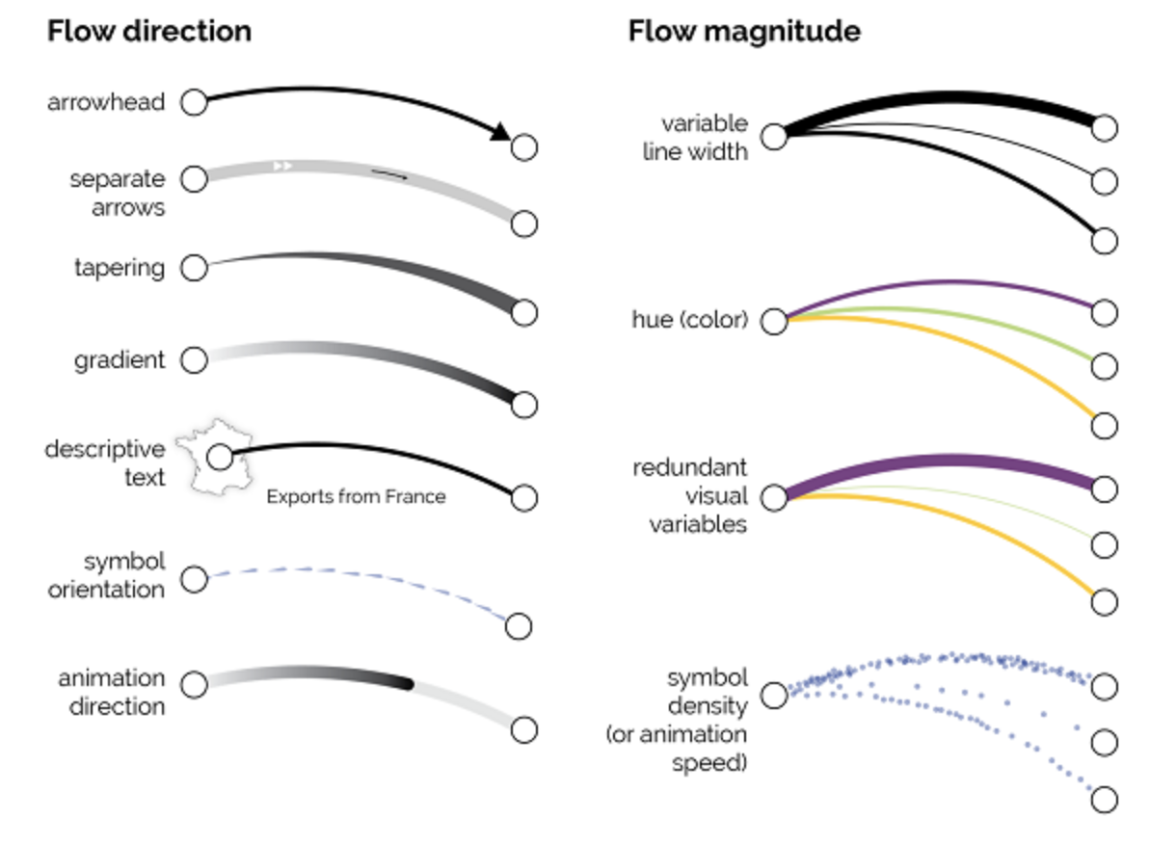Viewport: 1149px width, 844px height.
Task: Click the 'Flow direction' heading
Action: pyautogui.click(x=149, y=31)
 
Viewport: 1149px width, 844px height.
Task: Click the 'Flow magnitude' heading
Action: pyautogui.click(x=744, y=31)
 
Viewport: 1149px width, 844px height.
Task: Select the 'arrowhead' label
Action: pyautogui.click(x=106, y=101)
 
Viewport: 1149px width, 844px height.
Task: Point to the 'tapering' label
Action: pyautogui.click(x=120, y=267)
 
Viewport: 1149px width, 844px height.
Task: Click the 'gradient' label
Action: pyautogui.click(x=120, y=360)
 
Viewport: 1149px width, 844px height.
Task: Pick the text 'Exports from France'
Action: pyautogui.click(x=356, y=497)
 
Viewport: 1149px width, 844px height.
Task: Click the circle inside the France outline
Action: pyautogui.click(x=220, y=456)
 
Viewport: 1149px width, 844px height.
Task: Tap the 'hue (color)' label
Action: pyautogui.click(x=689, y=320)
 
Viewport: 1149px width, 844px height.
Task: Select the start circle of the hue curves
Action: pyautogui.click(x=774, y=322)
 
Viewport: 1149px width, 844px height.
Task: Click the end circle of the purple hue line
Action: pyautogui.click(x=1105, y=313)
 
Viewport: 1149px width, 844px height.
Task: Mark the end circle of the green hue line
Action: pyautogui.click(x=1105, y=366)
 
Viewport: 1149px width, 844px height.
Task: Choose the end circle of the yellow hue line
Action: pyautogui.click(x=1105, y=425)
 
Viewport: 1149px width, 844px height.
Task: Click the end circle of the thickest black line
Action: pyautogui.click(x=1105, y=127)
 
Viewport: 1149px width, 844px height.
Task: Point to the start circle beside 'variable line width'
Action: pyautogui.click(x=774, y=136)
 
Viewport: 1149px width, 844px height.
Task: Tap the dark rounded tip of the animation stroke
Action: pyautogui.click(x=408, y=684)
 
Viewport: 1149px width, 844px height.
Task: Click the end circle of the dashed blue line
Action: pyautogui.click(x=519, y=626)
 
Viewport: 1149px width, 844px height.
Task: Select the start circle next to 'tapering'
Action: pyautogui.click(x=195, y=267)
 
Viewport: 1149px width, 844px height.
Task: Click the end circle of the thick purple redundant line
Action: pyautogui.click(x=1105, y=488)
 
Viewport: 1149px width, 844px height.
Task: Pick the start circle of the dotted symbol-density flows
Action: pyautogui.click(x=774, y=695)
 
